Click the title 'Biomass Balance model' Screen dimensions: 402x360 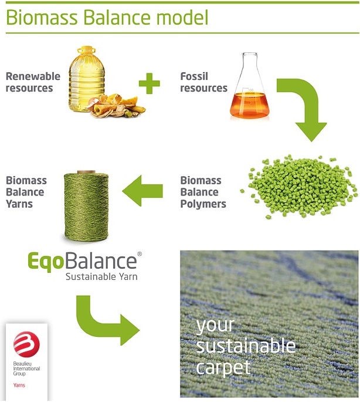point(107,17)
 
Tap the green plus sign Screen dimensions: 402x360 point(149,83)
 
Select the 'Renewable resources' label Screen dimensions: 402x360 point(33,82)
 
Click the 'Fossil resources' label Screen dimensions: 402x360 point(203,82)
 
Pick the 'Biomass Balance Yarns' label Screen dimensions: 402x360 point(26,192)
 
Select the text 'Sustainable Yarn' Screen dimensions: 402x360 point(101,276)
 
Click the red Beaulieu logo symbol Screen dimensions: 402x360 point(25,344)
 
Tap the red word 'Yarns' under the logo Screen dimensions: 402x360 point(20,386)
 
